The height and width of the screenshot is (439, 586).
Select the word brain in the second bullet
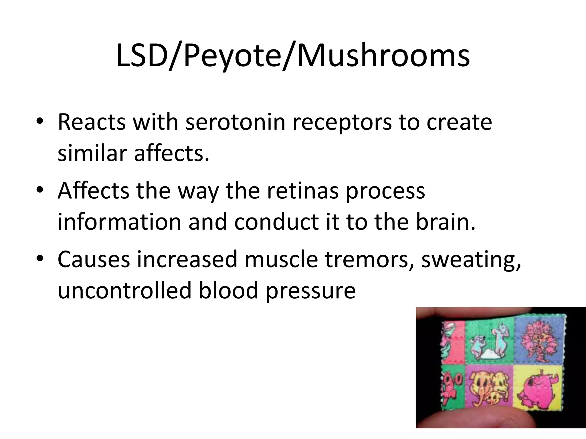[445, 222]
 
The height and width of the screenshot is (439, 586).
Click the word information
[119, 222]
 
